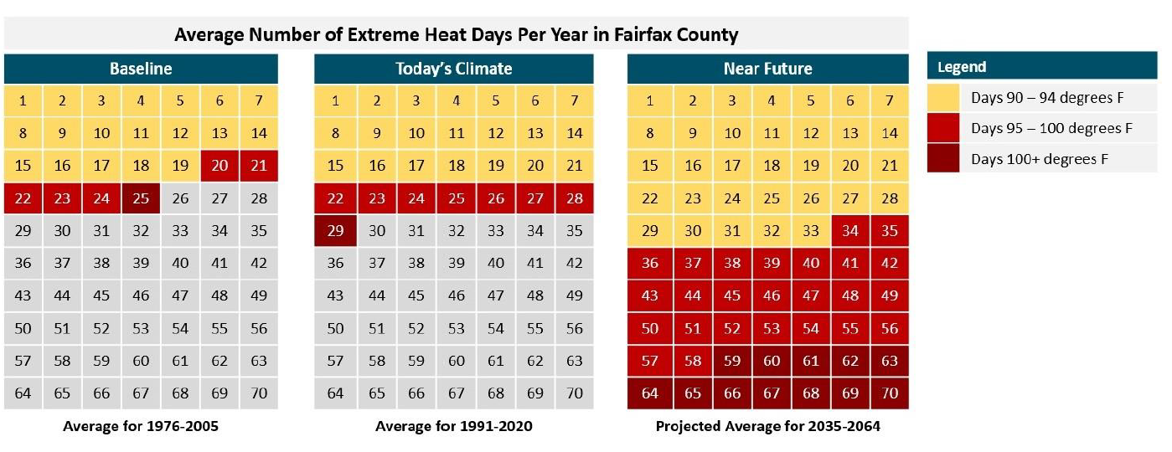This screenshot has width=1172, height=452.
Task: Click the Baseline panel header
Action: (141, 69)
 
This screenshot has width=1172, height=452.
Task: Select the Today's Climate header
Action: (453, 69)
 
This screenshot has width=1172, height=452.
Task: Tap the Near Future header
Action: (767, 69)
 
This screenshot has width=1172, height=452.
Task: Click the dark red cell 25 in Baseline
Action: (141, 198)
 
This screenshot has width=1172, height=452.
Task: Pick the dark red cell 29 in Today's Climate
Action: (335, 231)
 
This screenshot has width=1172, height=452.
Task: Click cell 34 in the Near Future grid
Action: (850, 231)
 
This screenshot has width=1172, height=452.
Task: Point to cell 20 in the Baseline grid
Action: (219, 166)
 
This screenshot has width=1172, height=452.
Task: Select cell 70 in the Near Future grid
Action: (890, 393)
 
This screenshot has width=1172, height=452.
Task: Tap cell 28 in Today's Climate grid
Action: (575, 198)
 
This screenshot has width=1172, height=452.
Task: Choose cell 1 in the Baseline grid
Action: (23, 100)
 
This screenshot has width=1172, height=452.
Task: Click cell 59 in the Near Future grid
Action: (732, 361)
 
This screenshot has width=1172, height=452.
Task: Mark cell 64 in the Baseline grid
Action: (23, 393)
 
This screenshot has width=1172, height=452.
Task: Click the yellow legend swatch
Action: (943, 98)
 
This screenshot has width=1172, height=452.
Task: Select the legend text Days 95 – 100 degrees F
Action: (1051, 129)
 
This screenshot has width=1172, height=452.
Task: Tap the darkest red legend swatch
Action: (943, 158)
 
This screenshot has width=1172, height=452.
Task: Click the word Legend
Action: (962, 67)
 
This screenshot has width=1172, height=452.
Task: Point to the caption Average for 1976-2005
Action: (141, 426)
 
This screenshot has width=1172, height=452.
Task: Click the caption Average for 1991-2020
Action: (453, 426)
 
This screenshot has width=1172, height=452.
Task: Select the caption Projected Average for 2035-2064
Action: (767, 426)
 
